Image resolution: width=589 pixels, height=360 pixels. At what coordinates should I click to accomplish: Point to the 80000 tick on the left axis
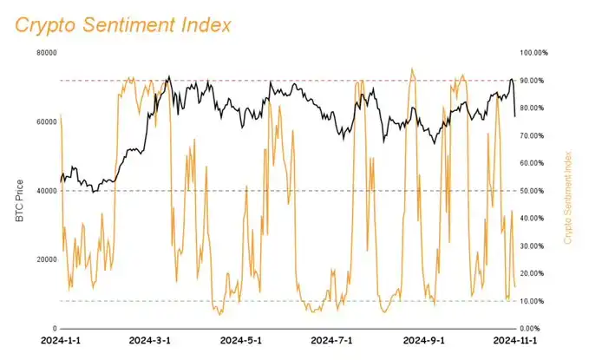click(x=45, y=53)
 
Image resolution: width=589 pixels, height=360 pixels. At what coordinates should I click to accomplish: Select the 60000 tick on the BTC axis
click(x=45, y=121)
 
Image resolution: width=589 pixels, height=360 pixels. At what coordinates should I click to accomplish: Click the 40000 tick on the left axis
click(x=45, y=191)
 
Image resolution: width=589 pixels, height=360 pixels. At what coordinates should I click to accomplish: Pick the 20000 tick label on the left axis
click(x=45, y=259)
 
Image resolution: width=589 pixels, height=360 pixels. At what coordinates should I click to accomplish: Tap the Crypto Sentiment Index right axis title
click(x=569, y=196)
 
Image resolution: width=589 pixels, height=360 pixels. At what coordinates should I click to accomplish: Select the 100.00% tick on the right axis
click(x=533, y=53)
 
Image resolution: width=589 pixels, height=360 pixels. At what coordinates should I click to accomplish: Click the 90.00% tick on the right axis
click(x=532, y=81)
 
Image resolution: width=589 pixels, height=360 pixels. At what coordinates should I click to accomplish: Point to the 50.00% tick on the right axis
click(x=532, y=191)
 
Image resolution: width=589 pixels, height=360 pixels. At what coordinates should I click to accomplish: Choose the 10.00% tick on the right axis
click(x=532, y=301)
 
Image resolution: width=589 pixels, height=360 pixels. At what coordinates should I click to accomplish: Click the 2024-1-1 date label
click(x=61, y=341)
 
